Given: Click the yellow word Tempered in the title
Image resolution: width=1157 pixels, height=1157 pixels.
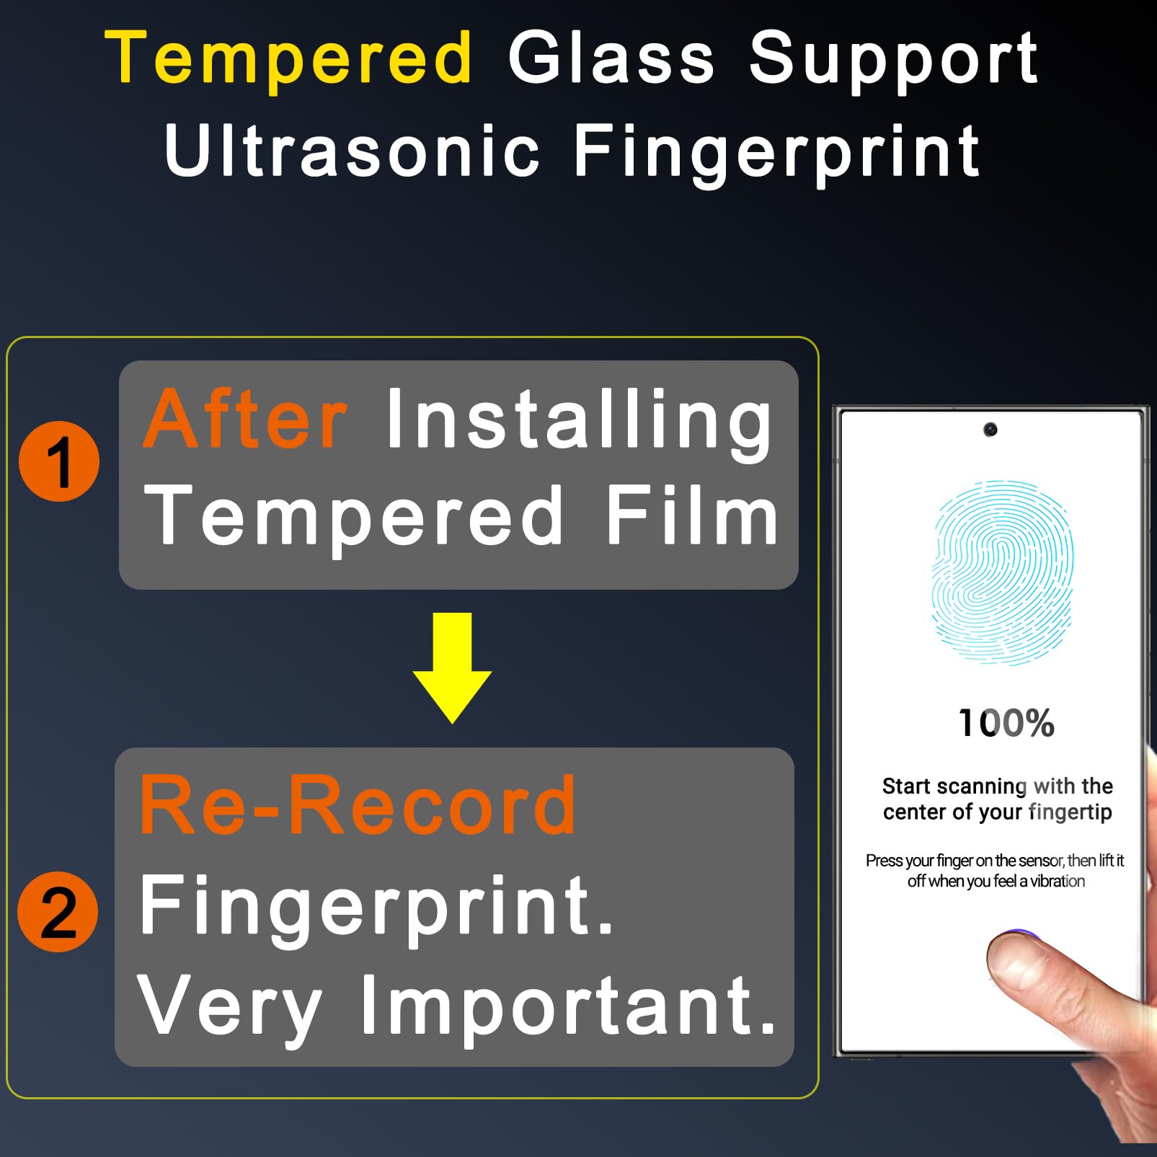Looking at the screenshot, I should pyautogui.click(x=288, y=58).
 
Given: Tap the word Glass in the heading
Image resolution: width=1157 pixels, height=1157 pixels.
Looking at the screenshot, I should pyautogui.click(x=611, y=58).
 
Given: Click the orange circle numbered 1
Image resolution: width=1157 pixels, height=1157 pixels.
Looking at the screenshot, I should pyautogui.click(x=59, y=461).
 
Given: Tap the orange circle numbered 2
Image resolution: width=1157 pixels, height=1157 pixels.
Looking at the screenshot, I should pyautogui.click(x=58, y=912).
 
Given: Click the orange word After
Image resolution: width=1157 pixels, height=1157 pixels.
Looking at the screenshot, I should pyautogui.click(x=245, y=420).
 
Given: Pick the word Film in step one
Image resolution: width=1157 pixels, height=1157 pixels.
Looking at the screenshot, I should pyautogui.click(x=692, y=515).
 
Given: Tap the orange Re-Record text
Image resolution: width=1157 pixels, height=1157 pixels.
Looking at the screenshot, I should pyautogui.click(x=358, y=805).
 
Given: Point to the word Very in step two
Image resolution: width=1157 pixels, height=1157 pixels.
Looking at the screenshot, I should pyautogui.click(x=229, y=1006).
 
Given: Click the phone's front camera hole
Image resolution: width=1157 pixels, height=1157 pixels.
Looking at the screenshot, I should pyautogui.click(x=990, y=430).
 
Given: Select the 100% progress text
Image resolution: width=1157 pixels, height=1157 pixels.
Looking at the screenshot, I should pyautogui.click(x=1006, y=723).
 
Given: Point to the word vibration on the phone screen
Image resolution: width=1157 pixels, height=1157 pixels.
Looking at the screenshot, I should pyautogui.click(x=1057, y=881).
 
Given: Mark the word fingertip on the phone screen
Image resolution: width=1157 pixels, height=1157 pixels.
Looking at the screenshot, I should pyautogui.click(x=1070, y=812).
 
